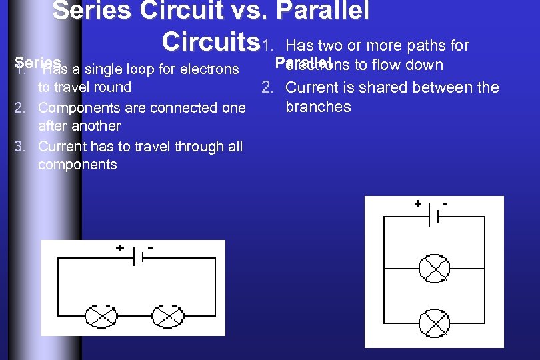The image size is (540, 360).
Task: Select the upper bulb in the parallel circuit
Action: pos(434,269)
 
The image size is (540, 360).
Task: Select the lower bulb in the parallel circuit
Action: pos(434,323)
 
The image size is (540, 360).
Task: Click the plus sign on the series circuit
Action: pos(120,247)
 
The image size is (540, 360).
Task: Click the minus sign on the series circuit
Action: pos(151,247)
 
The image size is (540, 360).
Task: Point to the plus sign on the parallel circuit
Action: pos(417,203)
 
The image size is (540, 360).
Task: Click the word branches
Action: pos(318,107)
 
